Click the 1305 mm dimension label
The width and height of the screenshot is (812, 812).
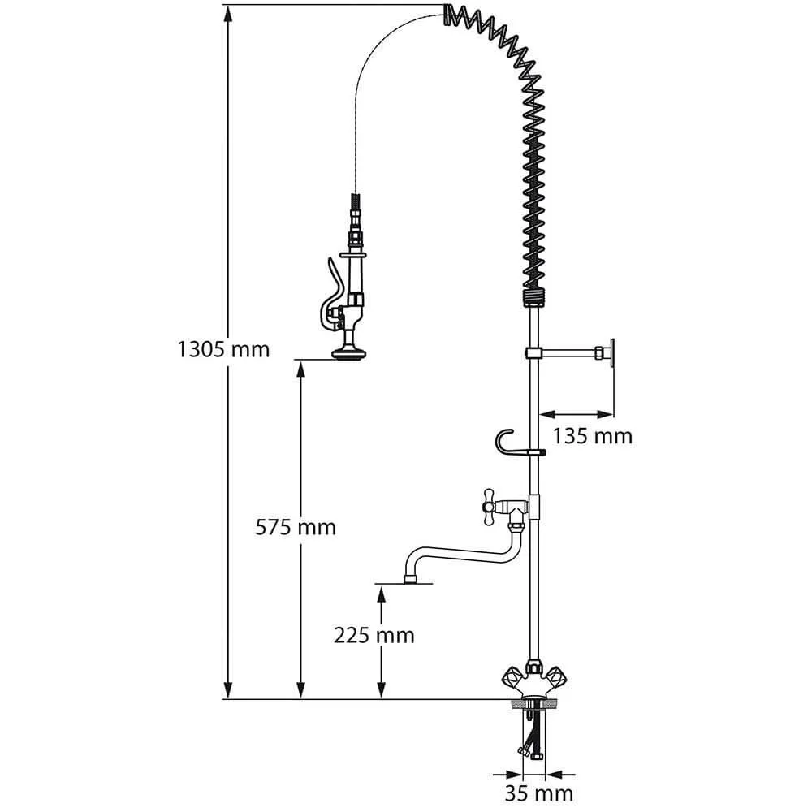coord(223,350)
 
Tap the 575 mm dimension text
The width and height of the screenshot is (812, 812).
coord(295,527)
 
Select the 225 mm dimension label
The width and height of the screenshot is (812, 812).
coord(374,634)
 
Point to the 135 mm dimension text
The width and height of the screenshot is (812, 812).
coord(592,436)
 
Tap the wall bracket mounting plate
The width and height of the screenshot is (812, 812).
coord(613,353)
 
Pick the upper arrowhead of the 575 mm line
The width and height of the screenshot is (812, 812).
coord(301,368)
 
